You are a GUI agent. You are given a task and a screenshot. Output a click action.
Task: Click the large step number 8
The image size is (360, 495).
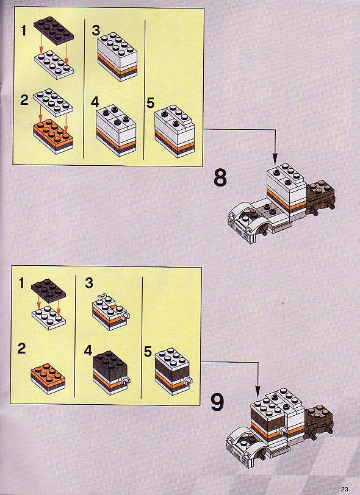coord(220,177)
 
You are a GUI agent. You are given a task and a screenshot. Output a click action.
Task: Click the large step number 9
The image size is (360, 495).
coord(217,402)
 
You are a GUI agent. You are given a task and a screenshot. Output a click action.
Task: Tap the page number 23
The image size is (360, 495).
coord(344,490)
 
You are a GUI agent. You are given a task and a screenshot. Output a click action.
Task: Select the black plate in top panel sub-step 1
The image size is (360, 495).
coord(54,30)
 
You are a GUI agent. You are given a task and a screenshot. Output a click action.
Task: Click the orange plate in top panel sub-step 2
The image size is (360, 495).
coord(53,134)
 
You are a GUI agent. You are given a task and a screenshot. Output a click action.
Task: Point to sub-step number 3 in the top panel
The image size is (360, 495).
coord(95,30)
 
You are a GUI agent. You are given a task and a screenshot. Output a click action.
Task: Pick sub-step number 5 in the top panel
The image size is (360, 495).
coord(151,103)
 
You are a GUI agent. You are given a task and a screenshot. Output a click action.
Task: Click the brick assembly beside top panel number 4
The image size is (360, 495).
coord(116,130)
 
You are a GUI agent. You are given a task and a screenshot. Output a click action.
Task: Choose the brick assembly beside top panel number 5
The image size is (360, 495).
coord(175,131)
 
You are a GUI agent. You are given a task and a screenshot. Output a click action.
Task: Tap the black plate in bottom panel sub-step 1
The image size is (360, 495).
coord(48,290)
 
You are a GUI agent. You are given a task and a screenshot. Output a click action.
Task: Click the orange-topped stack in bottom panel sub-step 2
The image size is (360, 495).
coord(48,379)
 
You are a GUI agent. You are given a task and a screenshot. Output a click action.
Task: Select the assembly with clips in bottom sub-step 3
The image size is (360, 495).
coord(110,313)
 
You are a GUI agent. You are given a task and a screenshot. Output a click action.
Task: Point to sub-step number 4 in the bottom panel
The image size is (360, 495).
coord(88,351)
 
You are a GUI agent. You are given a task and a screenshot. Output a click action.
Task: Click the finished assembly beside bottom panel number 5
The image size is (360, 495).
coord(173,371)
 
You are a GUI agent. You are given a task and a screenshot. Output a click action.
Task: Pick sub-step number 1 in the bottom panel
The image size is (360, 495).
coord(21,283)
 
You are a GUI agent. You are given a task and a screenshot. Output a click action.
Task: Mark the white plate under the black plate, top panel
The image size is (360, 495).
coord(54,65)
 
